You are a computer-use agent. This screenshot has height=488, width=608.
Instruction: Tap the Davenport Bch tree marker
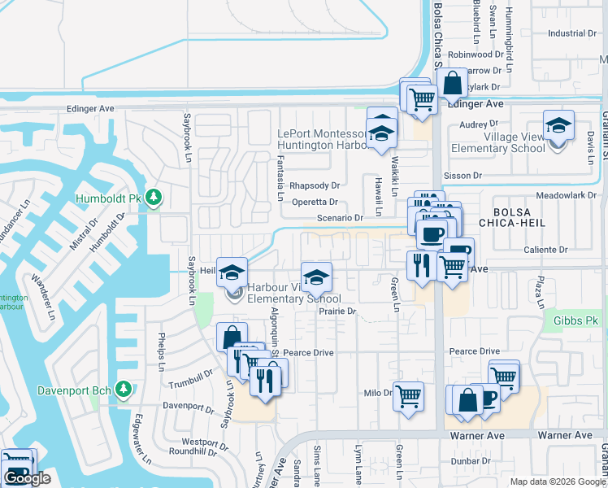[124, 390]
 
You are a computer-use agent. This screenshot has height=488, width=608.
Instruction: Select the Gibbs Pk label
[575, 321]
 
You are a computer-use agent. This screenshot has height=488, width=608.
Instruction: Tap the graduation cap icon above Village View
[558, 125]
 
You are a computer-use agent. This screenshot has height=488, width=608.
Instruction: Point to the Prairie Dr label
[338, 311]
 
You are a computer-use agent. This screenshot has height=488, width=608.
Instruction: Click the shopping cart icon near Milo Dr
[409, 396]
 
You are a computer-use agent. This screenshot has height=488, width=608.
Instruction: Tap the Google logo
[27, 478]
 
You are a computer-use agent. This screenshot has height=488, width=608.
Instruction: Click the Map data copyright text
[557, 481]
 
